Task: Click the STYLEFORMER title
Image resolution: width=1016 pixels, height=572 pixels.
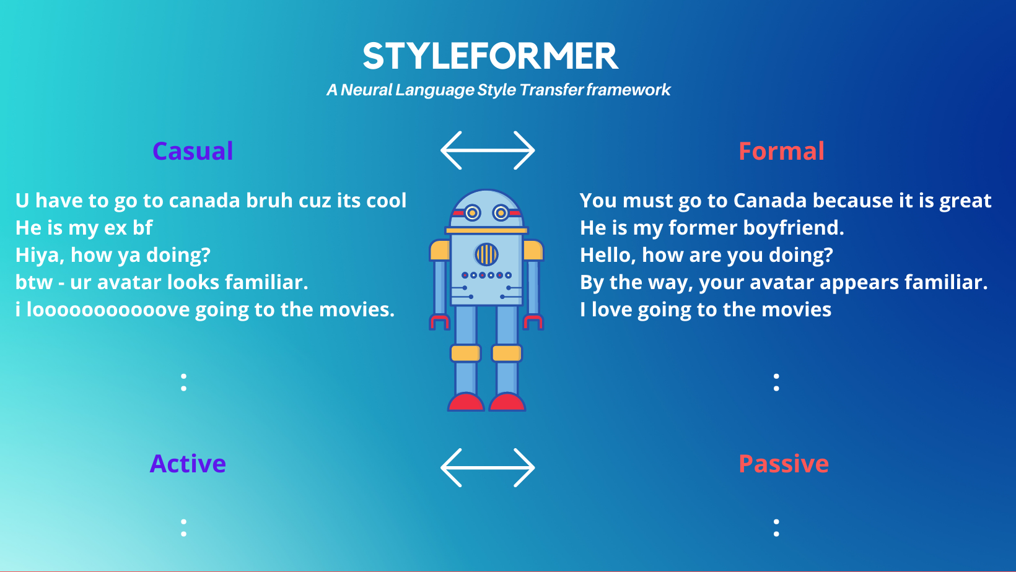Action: point(490,56)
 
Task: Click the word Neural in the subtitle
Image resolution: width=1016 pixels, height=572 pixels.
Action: point(366,90)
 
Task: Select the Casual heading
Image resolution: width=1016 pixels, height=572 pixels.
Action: point(193,151)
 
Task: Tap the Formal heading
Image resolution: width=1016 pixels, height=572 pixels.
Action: point(781,151)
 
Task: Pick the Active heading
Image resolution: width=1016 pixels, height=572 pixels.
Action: point(188,464)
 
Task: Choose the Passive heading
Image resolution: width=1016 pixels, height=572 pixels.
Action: point(783,464)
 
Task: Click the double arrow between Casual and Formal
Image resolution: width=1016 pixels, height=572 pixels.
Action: point(488,150)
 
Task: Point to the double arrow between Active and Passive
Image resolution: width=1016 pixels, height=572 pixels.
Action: point(488,468)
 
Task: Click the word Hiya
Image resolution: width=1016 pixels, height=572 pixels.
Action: point(40,255)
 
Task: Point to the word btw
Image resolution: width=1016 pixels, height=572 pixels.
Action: point(34,282)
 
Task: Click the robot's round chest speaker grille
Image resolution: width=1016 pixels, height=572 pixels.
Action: point(486,254)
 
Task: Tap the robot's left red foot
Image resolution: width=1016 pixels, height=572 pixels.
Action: point(466,402)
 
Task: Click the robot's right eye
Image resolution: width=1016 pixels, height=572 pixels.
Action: point(501,212)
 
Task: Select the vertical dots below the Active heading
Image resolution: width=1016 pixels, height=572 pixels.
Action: point(184,528)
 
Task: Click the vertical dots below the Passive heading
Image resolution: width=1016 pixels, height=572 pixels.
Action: point(776,528)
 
